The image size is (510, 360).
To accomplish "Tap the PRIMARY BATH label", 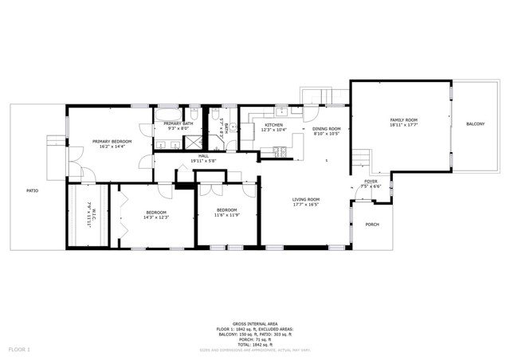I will coord(178,123).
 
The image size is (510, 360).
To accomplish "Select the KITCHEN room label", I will coord(275,125).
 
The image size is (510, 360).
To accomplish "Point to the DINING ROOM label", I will coord(326,129).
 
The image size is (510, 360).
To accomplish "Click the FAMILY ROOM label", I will coord(403,120).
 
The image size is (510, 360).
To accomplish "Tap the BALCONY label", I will coord(475,124).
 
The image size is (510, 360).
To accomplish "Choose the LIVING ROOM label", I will coord(306,199).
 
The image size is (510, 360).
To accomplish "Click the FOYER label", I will coord(371,182).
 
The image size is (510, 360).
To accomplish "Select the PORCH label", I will coord(371,225).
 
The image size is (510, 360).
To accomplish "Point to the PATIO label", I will coord(33,190).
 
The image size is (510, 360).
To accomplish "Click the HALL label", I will coord(203,156).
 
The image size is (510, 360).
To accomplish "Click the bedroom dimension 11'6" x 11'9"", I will coord(226,215).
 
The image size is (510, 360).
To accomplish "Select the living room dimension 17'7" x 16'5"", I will coord(306,205).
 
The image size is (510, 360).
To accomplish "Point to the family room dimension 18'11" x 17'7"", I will coord(403,125).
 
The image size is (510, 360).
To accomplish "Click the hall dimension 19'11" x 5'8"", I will coord(203,161).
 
